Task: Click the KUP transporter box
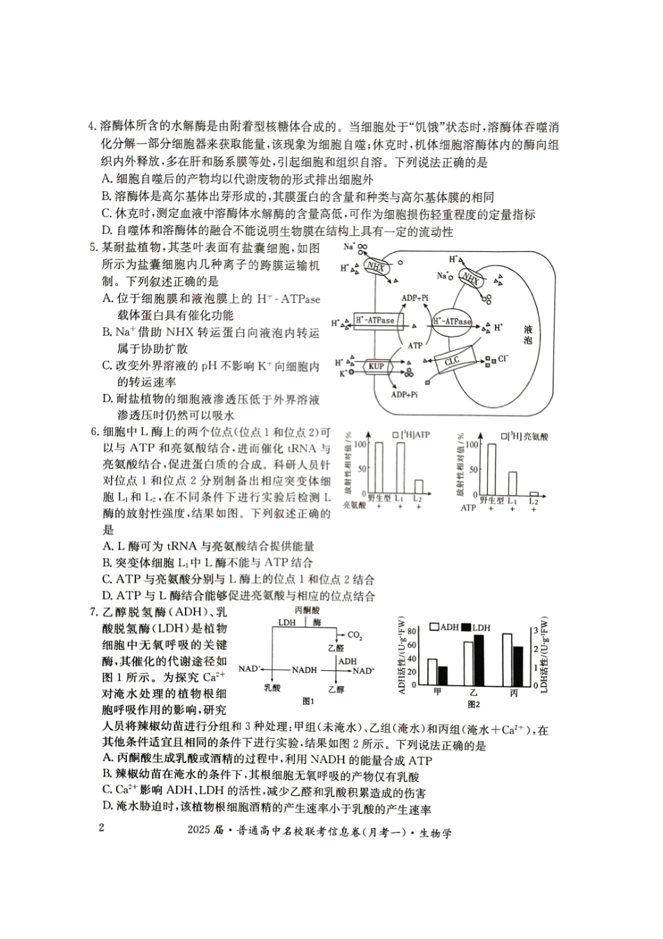point(377,367)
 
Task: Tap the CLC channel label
point(452,361)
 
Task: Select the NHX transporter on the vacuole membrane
point(471,279)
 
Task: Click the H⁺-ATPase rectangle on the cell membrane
point(375,320)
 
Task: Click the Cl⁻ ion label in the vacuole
point(503,359)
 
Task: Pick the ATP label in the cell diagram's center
point(415,345)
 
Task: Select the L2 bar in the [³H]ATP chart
point(419,487)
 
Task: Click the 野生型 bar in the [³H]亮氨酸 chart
point(491,468)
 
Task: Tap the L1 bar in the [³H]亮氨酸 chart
point(512,482)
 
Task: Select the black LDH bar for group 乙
point(479,660)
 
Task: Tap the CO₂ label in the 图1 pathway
point(355,635)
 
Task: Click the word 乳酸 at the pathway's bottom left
point(272,688)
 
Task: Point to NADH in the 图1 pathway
point(304,670)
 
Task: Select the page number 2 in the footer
point(102,829)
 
